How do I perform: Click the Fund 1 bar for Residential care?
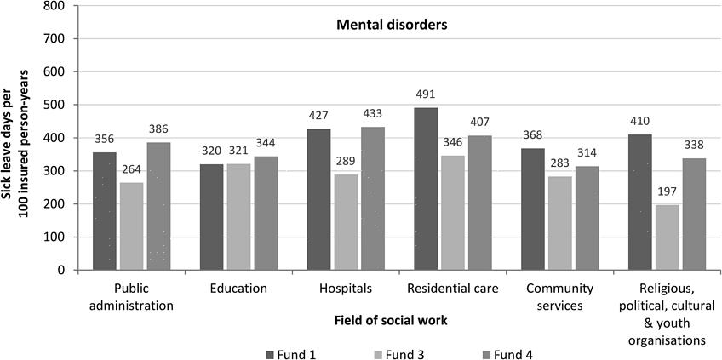point(426,189)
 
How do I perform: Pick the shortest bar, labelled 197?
point(667,237)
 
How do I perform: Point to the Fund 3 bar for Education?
point(238,217)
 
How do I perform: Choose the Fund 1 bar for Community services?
point(533,209)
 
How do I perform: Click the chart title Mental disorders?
point(390,25)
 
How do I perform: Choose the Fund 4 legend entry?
point(513,351)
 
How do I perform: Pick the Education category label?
point(238,289)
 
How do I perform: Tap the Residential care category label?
point(452,289)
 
